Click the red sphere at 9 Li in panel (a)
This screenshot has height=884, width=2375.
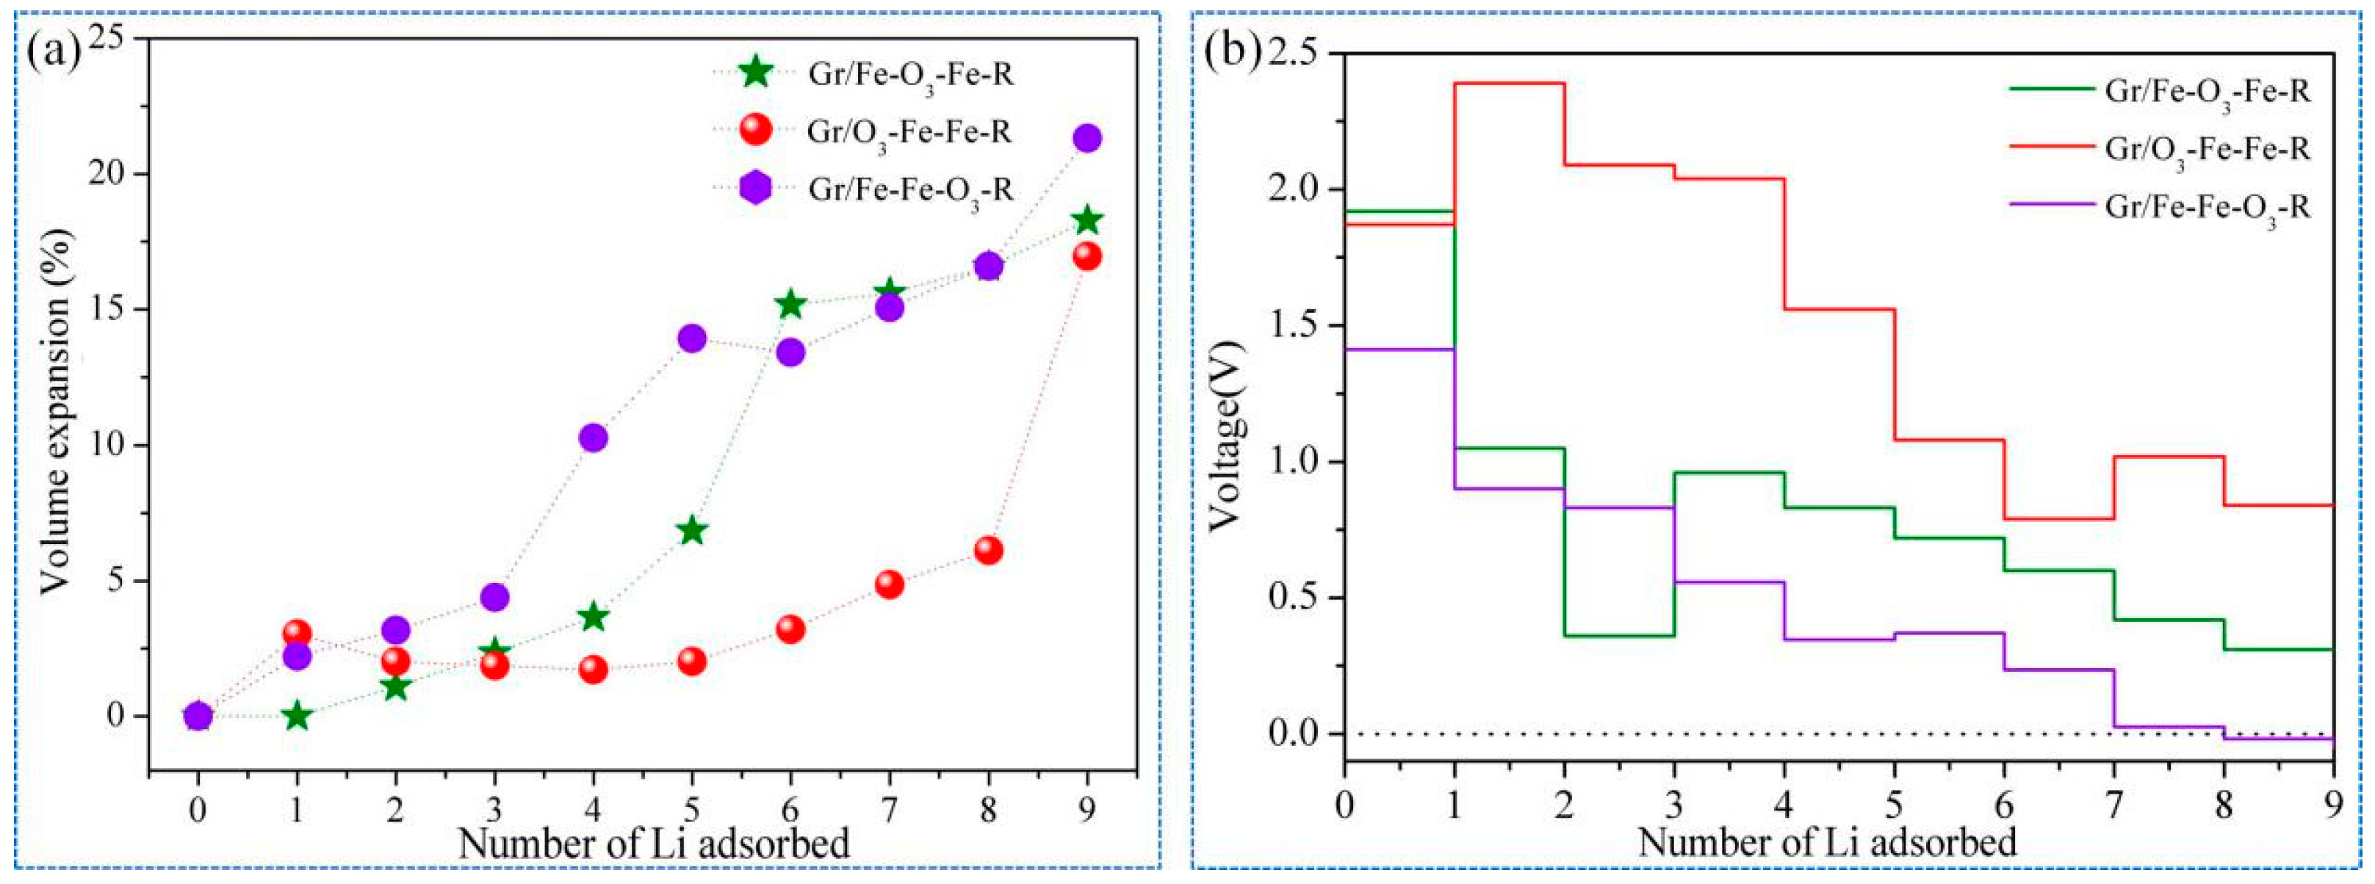coord(1087,256)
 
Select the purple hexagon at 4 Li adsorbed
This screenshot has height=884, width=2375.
coord(593,437)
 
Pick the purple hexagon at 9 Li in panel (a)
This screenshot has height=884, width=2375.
coord(1087,138)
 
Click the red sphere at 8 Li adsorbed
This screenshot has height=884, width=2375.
coord(987,551)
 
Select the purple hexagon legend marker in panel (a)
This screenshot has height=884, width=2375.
coord(755,189)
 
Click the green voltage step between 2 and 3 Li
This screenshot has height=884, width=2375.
coord(1619,635)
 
